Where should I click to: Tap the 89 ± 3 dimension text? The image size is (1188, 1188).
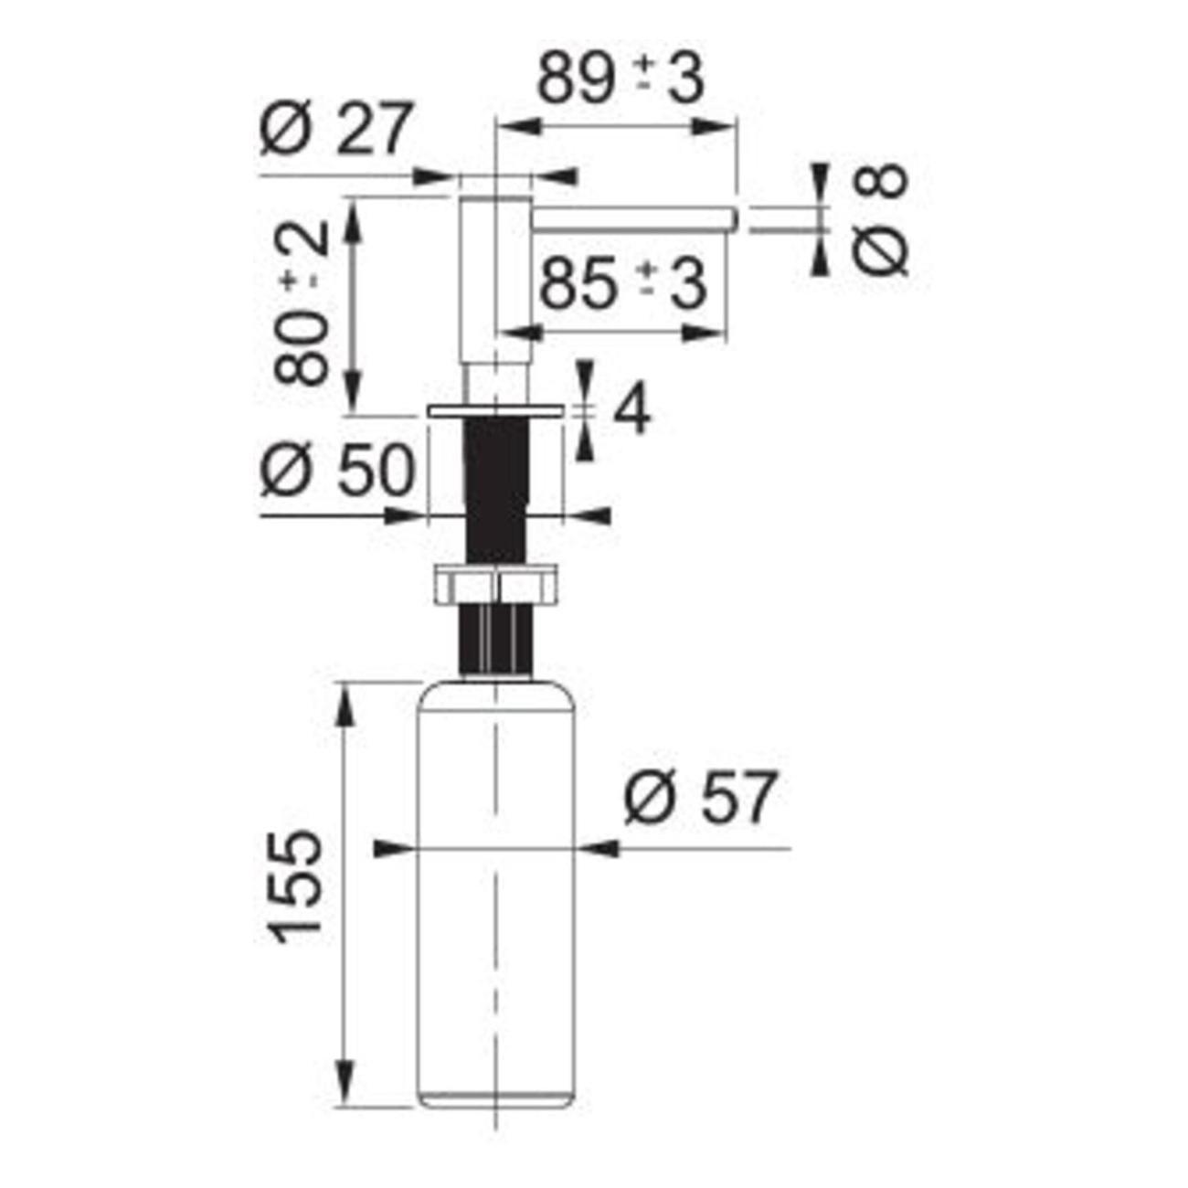point(621,81)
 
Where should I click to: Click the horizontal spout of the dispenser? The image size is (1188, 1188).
point(635,219)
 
